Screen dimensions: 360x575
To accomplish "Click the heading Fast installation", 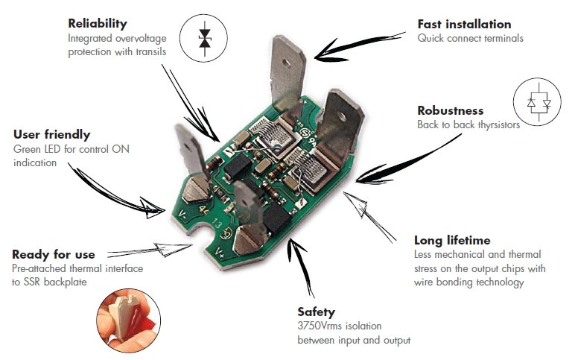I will click(464, 24).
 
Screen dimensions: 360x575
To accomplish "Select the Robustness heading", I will click(450, 111).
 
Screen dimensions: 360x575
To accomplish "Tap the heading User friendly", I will click(52, 135).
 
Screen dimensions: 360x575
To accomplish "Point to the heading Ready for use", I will click(53, 254).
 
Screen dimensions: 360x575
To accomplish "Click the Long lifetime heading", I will click(452, 240).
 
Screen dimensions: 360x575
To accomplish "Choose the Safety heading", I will click(316, 312).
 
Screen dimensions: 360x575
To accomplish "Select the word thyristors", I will click(495, 125).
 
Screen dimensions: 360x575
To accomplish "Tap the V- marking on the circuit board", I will click(184, 216).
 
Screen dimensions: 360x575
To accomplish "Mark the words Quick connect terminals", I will click(471, 38).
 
